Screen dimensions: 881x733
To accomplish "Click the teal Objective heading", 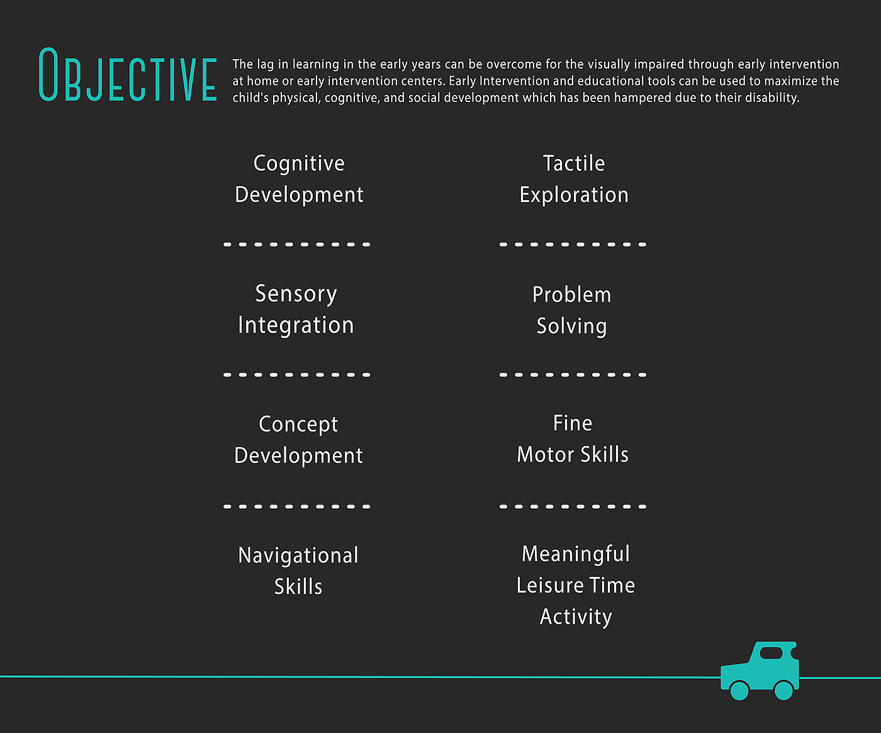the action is coord(128,76).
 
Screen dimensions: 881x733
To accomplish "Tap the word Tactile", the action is coord(574,164).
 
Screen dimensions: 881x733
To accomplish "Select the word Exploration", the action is coord(574,195).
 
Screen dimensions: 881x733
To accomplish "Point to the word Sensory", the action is coord(296,294).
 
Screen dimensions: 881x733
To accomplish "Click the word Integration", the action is coord(296,325).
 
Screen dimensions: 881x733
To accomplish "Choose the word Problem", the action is coord(571,294).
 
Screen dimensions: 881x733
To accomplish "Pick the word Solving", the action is coord(571,327).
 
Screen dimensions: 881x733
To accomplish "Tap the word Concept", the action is coord(298,425).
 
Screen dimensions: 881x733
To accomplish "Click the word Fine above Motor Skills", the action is coord(573,423).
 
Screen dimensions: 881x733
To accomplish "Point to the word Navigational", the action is coord(298,555).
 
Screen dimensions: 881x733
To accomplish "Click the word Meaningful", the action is coord(576,554).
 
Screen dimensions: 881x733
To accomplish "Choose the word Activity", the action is coord(576,617).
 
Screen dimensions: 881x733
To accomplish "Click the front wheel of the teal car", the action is coord(739,690).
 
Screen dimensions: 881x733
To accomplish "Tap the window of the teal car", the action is coord(771,653).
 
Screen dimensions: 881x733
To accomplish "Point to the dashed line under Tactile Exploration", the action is coord(573,244).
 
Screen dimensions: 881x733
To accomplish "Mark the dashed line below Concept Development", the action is coord(297,506).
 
